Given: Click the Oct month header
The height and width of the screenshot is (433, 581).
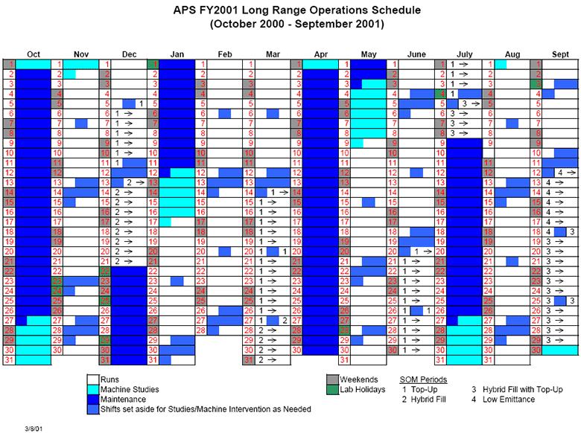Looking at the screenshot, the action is click(34, 54).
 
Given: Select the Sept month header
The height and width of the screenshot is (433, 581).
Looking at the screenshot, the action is click(560, 54).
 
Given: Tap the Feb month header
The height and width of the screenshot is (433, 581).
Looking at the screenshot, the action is click(225, 54).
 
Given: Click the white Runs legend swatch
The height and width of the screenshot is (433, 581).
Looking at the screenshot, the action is click(93, 379).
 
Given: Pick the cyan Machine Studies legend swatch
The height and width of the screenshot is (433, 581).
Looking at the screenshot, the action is click(93, 390).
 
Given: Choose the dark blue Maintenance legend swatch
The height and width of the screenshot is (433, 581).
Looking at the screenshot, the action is click(93, 400).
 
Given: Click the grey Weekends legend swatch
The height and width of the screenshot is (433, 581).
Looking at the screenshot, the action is click(333, 379).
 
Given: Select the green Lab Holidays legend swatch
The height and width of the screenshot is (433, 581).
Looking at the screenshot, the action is click(333, 390).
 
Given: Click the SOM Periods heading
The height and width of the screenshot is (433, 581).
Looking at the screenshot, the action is click(423, 379).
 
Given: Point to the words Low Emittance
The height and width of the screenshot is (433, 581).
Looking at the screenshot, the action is click(508, 400).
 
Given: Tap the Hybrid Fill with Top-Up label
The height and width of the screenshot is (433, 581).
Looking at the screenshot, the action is click(522, 389).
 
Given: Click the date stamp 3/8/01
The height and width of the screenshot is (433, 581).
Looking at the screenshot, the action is click(34, 429).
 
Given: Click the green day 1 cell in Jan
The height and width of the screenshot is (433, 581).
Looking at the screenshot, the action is click(153, 65).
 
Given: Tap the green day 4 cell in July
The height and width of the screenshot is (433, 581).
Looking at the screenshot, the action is click(440, 94).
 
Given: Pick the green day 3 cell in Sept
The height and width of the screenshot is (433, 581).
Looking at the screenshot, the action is click(536, 84).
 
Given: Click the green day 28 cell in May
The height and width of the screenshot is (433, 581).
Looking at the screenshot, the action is click(345, 330).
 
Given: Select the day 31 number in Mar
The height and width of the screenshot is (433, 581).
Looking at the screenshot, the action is click(249, 360).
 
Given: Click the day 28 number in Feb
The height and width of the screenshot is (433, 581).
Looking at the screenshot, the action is click(201, 330).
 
